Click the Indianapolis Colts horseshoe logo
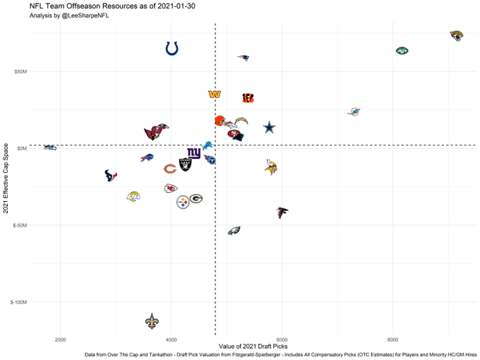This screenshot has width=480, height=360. pos(172,48)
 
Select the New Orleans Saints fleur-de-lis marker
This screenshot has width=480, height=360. pos(152,321)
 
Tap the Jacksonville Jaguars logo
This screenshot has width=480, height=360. pos(457,35)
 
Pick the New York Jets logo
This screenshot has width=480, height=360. pos(402,51)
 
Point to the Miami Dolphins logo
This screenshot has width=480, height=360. pos(354,112)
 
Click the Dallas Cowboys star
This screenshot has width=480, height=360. pos(269,128)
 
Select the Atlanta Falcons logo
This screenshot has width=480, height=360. pos(282,211)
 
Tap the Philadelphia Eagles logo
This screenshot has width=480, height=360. pos(234,230)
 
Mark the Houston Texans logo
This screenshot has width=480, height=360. pos(111,176)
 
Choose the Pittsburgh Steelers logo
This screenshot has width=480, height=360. pos(183,201)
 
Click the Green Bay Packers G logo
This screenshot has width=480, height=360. pos(196,200)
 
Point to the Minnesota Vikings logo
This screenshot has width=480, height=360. pos(270,167)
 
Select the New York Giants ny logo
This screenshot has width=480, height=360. pos(193,152)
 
